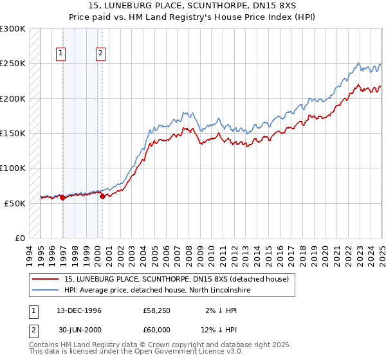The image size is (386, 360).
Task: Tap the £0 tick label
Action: click(19, 238)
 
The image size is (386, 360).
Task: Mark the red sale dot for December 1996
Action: click(62, 198)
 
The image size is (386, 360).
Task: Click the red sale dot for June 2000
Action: click(102, 196)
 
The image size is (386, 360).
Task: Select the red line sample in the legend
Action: click(45, 279)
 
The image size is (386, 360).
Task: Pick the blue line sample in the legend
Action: click(45, 291)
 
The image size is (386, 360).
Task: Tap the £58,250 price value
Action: click(156, 310)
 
